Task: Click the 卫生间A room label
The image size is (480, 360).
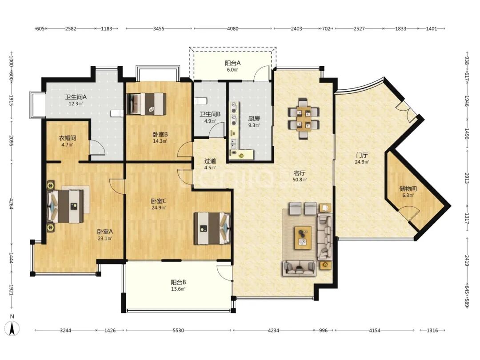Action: [76, 97]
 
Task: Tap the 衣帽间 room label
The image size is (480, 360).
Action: [68, 138]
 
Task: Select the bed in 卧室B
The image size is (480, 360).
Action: [147, 104]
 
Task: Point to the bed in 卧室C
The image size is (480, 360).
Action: [212, 228]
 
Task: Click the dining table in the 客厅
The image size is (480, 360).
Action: [304, 118]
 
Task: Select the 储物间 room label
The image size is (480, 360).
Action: [408, 188]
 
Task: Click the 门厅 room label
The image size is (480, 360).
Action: [362, 155]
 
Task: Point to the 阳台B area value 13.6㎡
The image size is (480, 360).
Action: [178, 289]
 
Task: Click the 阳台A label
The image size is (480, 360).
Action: [232, 63]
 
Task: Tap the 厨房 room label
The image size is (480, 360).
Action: [254, 119]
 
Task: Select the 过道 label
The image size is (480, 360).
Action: [210, 161]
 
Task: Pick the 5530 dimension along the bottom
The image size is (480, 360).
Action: [179, 330]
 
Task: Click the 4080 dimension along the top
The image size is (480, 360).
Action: [232, 28]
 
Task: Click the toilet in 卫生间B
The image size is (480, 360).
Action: [201, 101]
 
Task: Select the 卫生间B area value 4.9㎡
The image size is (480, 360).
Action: [210, 121]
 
